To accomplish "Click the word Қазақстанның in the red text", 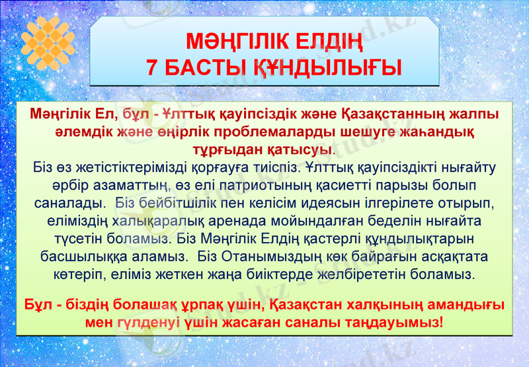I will pos(395,114).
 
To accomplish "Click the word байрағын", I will pos(387,255).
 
